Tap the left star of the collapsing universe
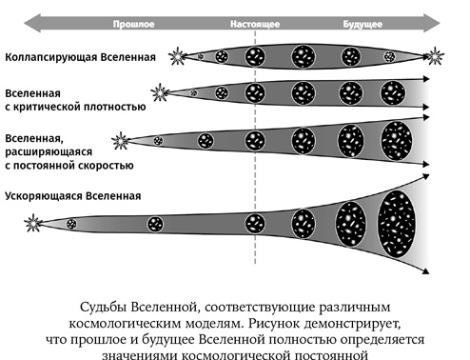point(177,57)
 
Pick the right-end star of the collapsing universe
point(436,55)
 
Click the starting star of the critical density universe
point(159,93)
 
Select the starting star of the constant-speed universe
point(121,142)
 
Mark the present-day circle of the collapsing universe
point(254,56)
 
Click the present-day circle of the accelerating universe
point(254,225)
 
